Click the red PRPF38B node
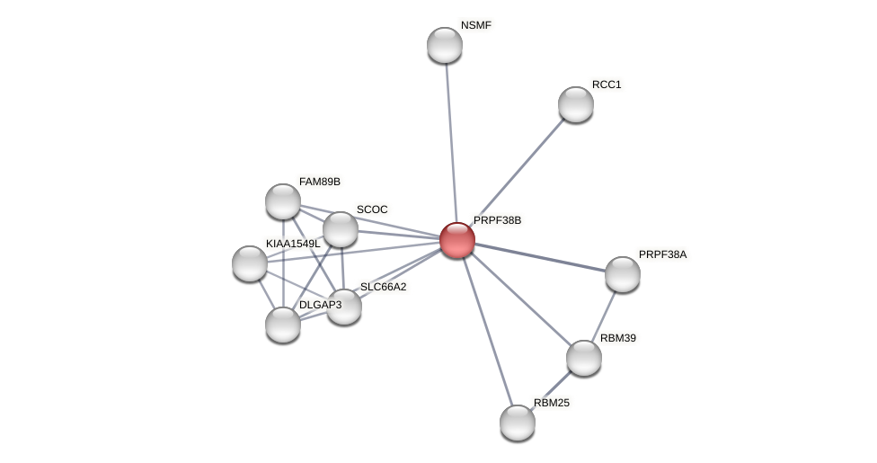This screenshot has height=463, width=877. point(457,240)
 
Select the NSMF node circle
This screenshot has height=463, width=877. point(445,45)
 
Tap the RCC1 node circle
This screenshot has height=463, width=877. point(576,104)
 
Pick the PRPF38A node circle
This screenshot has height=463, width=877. point(623,274)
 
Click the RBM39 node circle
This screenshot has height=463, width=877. point(584,358)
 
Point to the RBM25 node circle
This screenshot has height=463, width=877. point(518,423)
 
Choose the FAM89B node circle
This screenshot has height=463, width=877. point(283,201)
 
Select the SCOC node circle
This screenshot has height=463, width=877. point(341,229)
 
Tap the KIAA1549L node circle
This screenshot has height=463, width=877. point(250,263)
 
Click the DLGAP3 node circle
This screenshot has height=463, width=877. point(283,325)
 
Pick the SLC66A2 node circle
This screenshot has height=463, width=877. point(344,307)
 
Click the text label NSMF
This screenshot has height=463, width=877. point(475,25)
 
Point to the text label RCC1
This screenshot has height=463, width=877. point(607,85)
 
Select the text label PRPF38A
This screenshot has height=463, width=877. point(662,254)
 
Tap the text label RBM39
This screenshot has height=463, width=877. point(618,338)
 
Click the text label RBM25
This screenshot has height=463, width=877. point(552,403)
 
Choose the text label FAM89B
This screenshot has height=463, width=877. point(320,182)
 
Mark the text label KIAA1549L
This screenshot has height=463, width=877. point(293,244)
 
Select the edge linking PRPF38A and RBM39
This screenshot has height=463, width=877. point(604,316)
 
